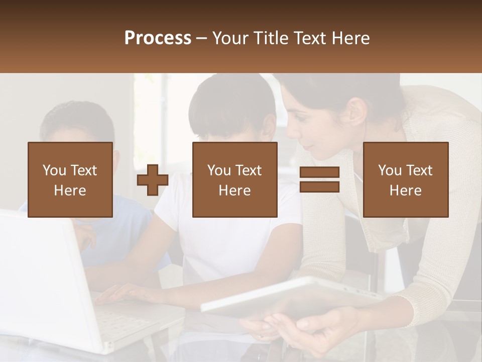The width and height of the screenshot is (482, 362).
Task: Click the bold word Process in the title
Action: (x=158, y=38)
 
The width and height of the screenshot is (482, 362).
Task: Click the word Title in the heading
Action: (x=270, y=38)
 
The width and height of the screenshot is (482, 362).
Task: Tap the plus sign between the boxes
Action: (x=153, y=180)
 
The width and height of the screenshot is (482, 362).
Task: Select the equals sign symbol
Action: (x=319, y=179)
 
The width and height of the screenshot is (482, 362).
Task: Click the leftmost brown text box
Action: (x=70, y=179)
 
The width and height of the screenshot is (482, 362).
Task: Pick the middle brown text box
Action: (x=234, y=179)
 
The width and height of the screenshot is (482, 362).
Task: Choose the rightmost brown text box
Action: (x=405, y=179)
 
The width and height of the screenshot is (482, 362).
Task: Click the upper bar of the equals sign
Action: (x=319, y=172)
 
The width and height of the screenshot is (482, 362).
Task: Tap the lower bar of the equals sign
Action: (x=319, y=187)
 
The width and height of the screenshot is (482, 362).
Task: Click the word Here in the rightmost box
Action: (x=405, y=191)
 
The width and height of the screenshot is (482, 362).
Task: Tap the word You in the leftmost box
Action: (x=53, y=170)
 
